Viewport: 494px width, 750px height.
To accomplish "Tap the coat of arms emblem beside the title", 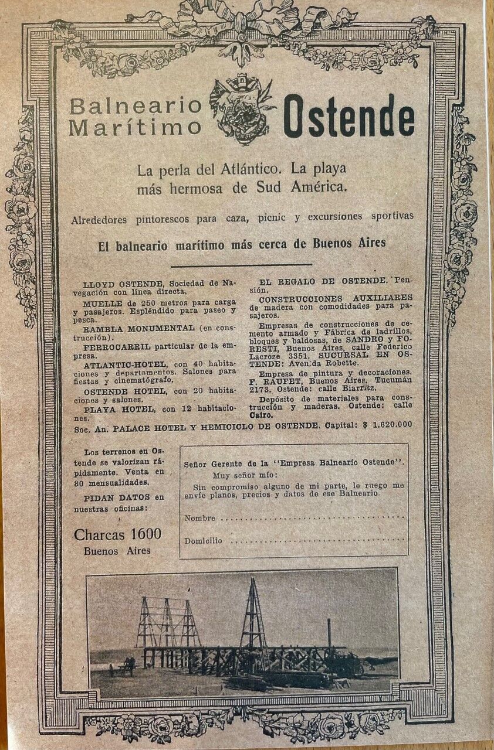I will [x=242, y=110].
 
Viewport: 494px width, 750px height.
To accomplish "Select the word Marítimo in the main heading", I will [x=135, y=127].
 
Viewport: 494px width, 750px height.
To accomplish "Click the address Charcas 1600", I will [x=118, y=534].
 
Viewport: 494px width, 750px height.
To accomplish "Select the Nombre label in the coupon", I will [x=199, y=519].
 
